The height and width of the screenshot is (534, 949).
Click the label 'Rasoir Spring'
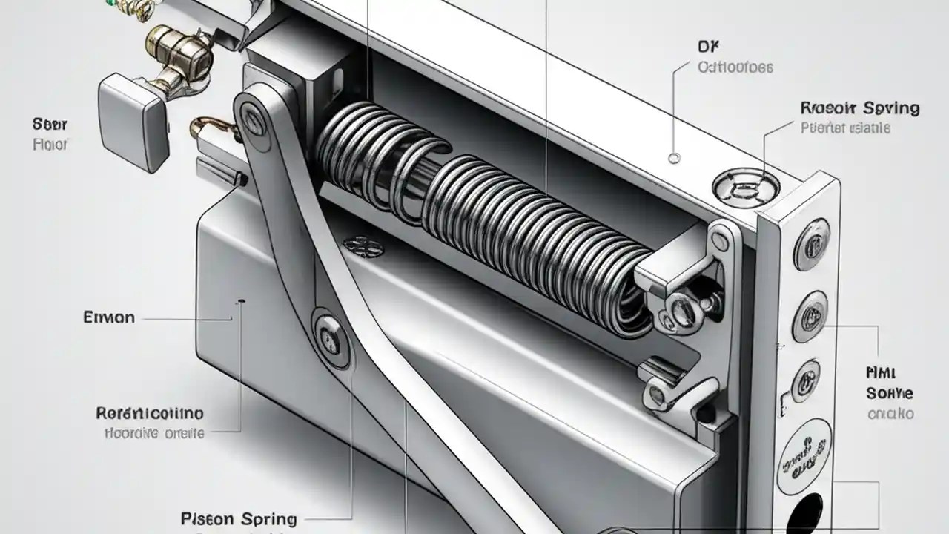tap(860, 108)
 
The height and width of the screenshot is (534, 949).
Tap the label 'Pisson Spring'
tap(238, 518)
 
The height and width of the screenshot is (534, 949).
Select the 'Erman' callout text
tap(110, 317)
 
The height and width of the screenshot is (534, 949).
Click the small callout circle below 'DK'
tap(674, 157)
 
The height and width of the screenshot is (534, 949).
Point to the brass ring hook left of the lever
tap(210, 128)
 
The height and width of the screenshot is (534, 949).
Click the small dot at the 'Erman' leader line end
tap(239, 302)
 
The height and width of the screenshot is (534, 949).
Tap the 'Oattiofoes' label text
tap(735, 67)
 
